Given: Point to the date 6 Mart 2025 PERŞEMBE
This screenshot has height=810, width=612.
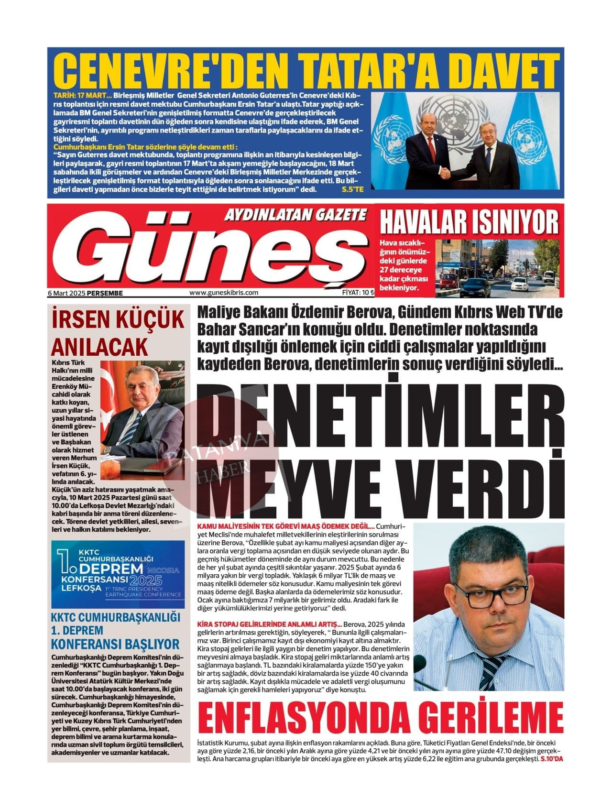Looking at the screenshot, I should tap(86, 293).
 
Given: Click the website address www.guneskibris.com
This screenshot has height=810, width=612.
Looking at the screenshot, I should tap(224, 293).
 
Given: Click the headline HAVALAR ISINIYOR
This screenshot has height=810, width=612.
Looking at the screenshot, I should tap(469, 222).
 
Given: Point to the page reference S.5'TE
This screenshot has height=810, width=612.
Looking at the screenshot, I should tap(353, 189).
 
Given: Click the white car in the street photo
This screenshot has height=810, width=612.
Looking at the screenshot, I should tap(520, 285).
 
